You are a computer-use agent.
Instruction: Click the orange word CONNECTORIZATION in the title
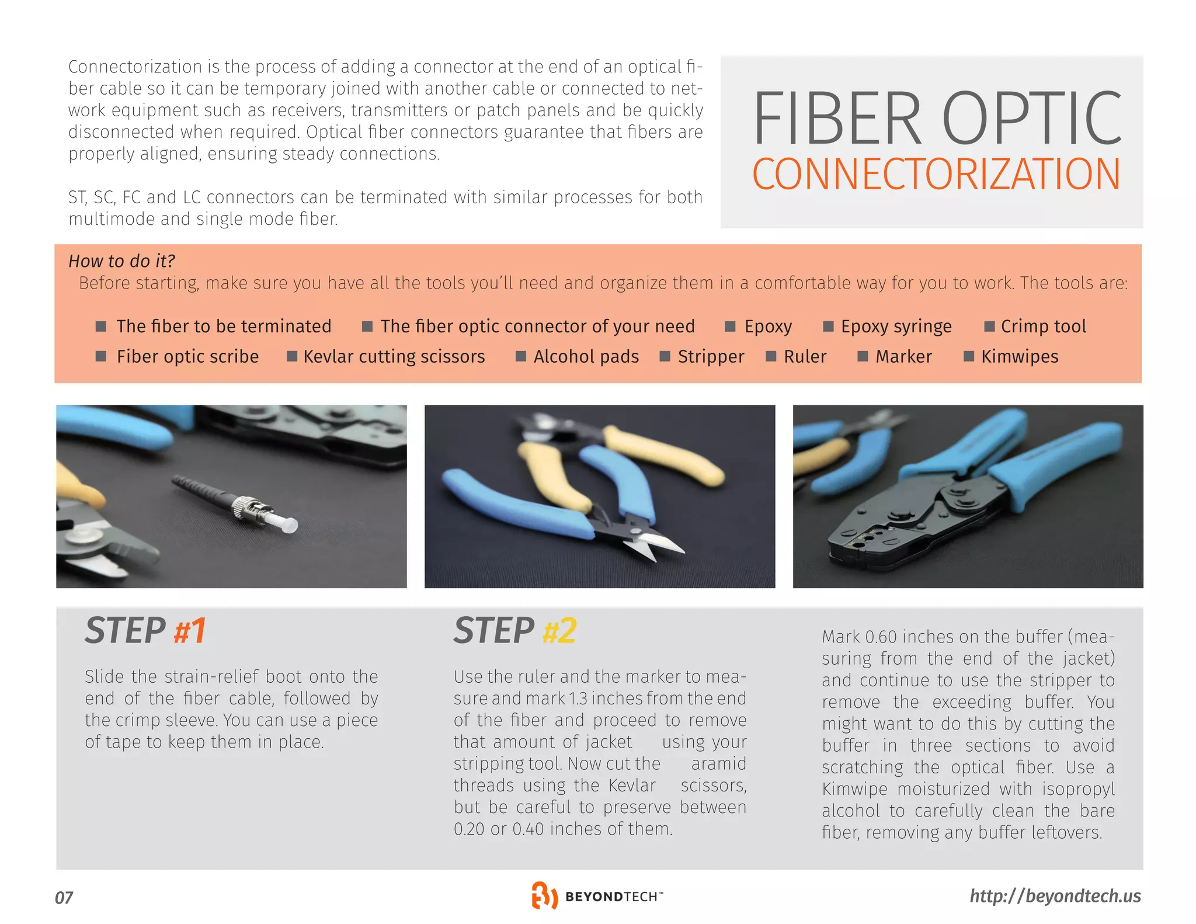coord(936,174)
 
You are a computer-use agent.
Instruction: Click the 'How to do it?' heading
coord(121,261)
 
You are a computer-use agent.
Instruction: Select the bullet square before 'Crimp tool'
coord(989,326)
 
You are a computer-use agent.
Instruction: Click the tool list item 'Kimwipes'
coord(1019,357)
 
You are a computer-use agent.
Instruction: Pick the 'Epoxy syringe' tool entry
coord(896,326)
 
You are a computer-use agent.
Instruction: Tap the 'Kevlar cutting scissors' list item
coord(394,357)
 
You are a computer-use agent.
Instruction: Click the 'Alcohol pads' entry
coord(586,357)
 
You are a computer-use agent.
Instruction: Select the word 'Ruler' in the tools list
coord(805,357)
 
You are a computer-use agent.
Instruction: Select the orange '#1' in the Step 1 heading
coord(190,631)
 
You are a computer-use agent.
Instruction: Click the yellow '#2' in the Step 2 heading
coord(559,631)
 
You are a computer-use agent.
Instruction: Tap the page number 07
coord(64,898)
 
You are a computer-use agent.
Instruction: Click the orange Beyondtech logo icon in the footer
coord(544,895)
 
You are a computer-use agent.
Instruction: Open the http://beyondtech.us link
coord(1055,896)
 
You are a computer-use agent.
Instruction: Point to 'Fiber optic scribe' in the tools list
coord(187,357)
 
